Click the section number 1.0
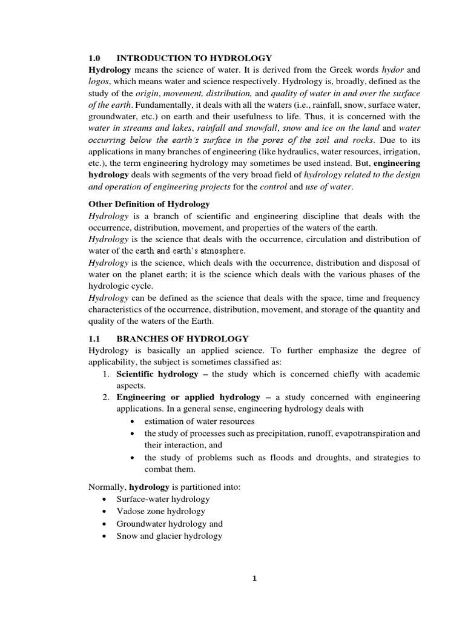coord(94,58)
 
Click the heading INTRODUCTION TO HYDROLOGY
coord(194,58)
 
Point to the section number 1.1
coord(94,338)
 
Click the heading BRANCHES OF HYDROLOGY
coord(182,338)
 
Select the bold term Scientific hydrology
coord(157,374)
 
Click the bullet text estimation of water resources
coord(199,421)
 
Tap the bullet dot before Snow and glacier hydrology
coord(105,536)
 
